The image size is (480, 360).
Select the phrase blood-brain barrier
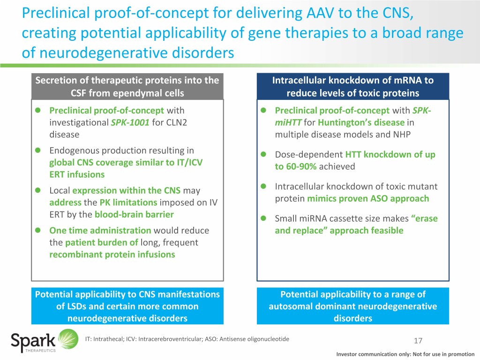tap(134, 214)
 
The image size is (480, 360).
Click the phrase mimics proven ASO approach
tap(368, 198)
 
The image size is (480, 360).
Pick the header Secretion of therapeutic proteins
tap(127, 80)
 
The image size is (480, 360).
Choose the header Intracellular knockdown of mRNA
tap(352, 80)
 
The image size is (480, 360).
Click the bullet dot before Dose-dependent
tap(264, 155)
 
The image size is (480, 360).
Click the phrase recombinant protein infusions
tap(112, 255)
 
